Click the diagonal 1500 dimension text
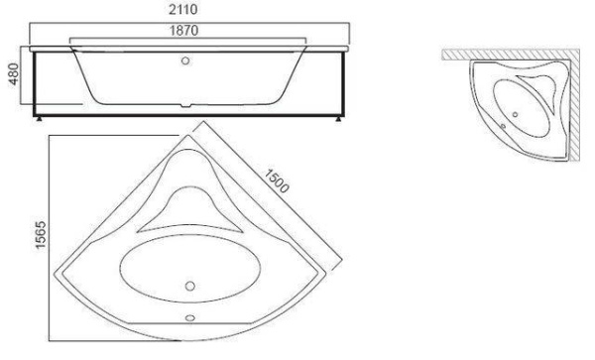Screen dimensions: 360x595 (279, 186)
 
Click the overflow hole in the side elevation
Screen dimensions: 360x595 (185, 60)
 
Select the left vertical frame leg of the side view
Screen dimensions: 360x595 (36, 84)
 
